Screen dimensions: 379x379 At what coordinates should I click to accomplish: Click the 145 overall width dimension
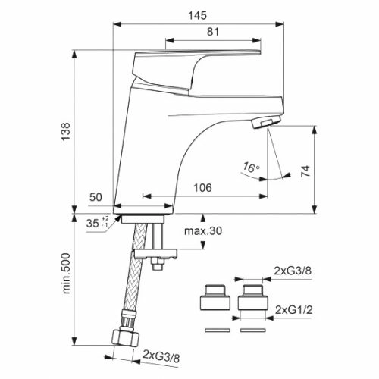[x=197, y=15]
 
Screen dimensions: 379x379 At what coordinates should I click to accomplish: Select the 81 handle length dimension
[x=213, y=32]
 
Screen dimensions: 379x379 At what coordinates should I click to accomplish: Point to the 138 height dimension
[x=66, y=131]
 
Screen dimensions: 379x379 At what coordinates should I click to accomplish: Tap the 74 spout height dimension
[x=305, y=171]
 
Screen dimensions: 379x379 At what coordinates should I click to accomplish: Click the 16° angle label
[x=251, y=168]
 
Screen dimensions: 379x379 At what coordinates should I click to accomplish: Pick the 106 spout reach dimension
[x=202, y=188]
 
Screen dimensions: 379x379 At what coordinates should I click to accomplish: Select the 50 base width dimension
[x=96, y=197]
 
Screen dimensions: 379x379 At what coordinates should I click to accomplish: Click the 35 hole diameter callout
[x=97, y=223]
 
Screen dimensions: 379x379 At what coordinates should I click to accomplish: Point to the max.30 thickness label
[x=203, y=231]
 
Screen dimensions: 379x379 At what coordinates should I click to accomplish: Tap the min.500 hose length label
[x=66, y=273]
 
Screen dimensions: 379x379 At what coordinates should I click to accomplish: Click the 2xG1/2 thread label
[x=293, y=310]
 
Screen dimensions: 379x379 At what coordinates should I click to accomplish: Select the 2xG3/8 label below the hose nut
[x=161, y=356]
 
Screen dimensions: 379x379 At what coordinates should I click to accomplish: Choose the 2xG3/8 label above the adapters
[x=293, y=271]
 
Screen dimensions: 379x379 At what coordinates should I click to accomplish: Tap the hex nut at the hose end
[x=126, y=337]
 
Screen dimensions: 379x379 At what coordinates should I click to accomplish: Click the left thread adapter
[x=215, y=297]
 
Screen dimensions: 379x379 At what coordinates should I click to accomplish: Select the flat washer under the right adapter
[x=253, y=330]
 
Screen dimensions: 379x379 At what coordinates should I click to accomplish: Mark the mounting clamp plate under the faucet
[x=155, y=254]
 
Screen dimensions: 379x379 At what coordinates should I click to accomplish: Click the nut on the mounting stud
[x=157, y=265]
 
